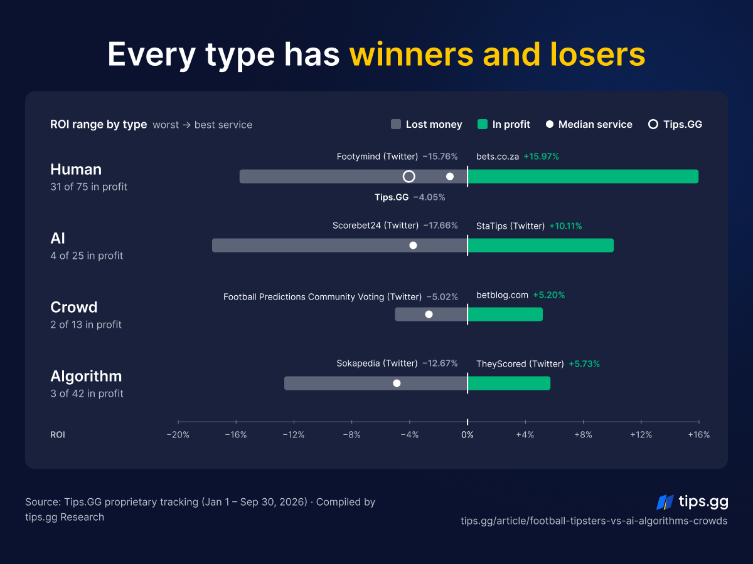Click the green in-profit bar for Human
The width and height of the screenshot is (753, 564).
pos(583,176)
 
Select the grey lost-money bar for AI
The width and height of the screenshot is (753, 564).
pos(339,246)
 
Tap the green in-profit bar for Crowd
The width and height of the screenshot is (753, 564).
pos(505,315)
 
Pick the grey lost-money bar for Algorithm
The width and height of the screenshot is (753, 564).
pos(376,383)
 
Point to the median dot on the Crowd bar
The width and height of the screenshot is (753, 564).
pos(429,315)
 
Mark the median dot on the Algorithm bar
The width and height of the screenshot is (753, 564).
pos(397,383)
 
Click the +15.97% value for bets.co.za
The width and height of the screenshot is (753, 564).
pos(542,157)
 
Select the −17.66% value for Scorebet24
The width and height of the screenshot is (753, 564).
pos(441,226)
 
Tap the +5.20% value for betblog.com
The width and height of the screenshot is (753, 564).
pos(549,295)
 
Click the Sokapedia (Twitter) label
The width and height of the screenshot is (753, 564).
pos(377,363)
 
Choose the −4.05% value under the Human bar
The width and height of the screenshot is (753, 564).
pos(429,197)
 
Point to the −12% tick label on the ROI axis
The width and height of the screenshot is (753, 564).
pos(294,435)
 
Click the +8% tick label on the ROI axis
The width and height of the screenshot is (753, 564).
pos(583,435)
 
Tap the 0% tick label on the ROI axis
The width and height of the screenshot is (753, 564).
pos(467,435)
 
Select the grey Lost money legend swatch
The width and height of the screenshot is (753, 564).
pos(396,124)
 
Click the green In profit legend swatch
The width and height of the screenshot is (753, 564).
pos(483,124)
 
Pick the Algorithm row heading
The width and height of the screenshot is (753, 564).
pos(86,376)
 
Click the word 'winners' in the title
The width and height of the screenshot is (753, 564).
pos(411,55)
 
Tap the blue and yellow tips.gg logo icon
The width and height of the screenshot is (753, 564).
pos(665,503)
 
